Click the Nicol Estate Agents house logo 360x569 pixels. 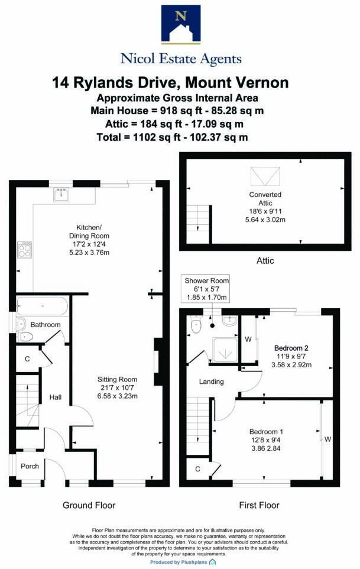(x=180, y=25)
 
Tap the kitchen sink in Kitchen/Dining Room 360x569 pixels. (x=61, y=194)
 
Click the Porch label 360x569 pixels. (x=30, y=466)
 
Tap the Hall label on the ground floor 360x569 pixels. (x=56, y=397)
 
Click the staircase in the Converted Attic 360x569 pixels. (x=199, y=219)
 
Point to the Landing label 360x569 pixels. (x=211, y=382)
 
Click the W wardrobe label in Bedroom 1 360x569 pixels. (x=327, y=439)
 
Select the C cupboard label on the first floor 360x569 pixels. (x=197, y=470)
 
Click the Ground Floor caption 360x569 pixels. (x=89, y=505)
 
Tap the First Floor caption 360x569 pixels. (x=259, y=505)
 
